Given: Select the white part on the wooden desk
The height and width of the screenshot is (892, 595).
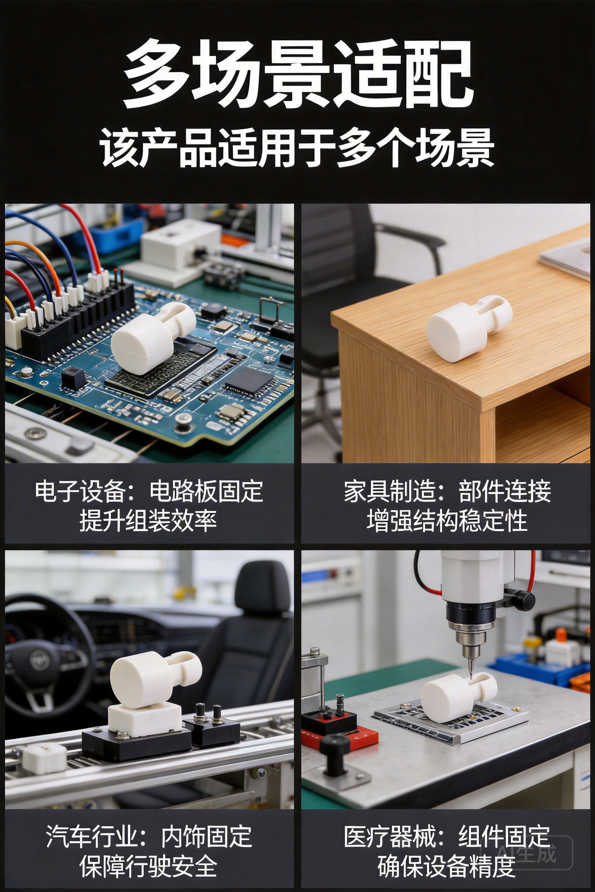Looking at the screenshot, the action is coord(469,327).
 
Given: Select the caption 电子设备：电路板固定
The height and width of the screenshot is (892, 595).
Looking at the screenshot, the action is coord(149,492).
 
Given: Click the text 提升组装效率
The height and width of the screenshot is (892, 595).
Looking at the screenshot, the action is coord(148,520).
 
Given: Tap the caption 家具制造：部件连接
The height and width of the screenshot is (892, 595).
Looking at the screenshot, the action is coord(447,492).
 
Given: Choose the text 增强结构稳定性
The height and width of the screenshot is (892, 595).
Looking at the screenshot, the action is coord(447,520).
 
